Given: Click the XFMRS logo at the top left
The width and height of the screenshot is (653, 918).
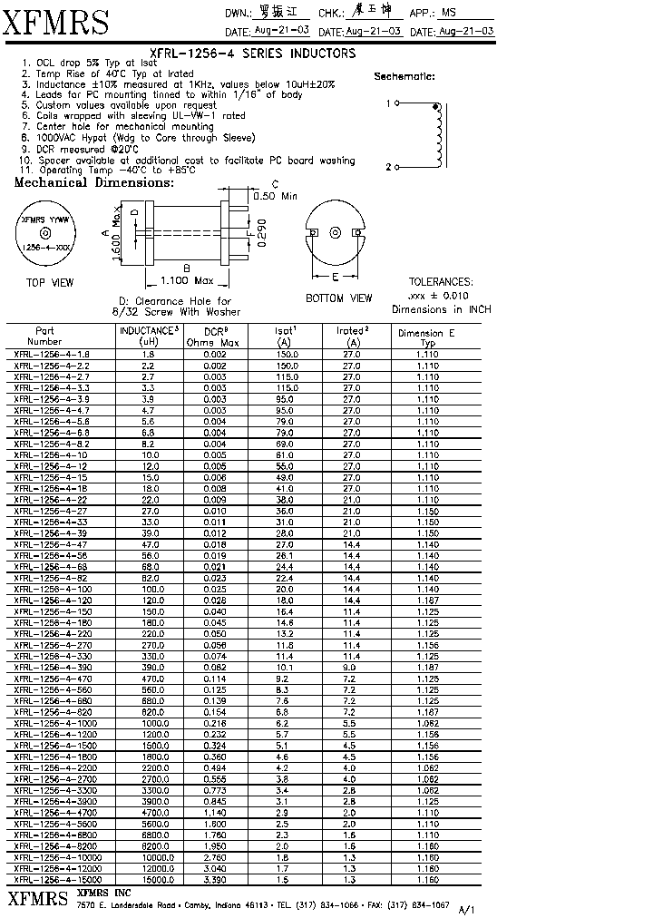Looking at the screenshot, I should point(56,21).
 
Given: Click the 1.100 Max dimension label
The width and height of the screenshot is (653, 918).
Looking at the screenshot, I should point(186,280).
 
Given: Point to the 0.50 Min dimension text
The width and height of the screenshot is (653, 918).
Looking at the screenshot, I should point(276,196).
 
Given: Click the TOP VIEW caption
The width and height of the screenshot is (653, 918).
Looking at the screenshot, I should point(50,283).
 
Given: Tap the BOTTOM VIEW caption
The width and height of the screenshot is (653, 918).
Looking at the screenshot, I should point(338,298).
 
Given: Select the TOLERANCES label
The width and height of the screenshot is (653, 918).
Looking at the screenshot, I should point(440,282).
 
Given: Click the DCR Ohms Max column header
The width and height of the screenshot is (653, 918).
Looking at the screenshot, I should point(214,337).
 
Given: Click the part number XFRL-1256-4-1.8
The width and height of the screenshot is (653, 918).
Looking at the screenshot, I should point(52,354).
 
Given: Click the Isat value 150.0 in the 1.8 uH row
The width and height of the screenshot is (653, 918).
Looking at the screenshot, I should point(284,354).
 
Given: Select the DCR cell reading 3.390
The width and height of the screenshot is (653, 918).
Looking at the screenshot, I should point(214,879).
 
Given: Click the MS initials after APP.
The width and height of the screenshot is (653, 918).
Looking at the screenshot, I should point(448,13).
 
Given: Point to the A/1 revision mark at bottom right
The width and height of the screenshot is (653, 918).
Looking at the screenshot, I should point(467,908).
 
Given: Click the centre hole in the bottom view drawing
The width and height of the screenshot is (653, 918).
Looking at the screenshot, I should point(336,233).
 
